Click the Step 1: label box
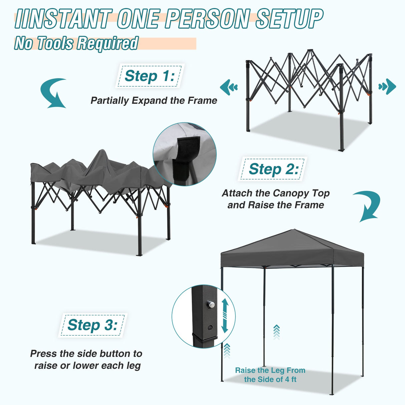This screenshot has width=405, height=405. coord(149,76)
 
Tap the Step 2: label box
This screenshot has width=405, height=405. coord(273,169)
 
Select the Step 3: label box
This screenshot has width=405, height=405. coord(92,325)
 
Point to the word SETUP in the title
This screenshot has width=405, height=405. coord(289,19)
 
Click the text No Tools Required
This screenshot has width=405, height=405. coord(76,43)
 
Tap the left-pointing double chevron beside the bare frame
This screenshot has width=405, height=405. coord(229,87)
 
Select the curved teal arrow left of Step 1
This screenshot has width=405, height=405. coord(53,93)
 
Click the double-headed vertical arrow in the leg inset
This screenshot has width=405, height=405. coord(225,315)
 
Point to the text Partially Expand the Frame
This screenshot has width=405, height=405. coord(154,100)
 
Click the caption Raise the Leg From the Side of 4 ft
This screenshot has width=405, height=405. coord(270,375)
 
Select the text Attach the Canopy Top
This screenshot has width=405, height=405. coord(276,193)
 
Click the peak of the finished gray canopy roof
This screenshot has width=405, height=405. coord(294,230)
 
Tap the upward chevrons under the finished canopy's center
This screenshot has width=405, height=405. coord(276,332)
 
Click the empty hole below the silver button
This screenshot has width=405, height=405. coord(210,328)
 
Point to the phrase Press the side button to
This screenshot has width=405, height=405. coord(86,354)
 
